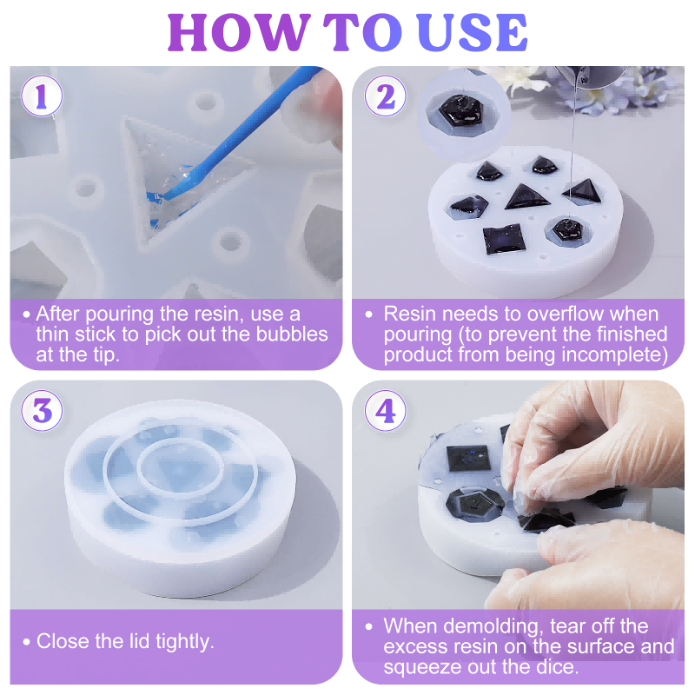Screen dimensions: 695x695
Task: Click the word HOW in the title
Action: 238,32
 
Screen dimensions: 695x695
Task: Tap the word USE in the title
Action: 472,32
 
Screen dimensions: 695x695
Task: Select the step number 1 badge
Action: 42,96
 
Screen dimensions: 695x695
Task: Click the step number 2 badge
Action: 385,96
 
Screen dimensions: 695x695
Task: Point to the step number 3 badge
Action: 42,410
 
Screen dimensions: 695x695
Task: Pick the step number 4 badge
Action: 385,410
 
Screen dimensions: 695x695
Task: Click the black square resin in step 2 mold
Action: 504,240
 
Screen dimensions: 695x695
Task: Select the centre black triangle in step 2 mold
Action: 526,197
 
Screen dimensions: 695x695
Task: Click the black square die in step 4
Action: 468,458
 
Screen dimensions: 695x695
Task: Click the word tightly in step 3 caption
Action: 185,642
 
